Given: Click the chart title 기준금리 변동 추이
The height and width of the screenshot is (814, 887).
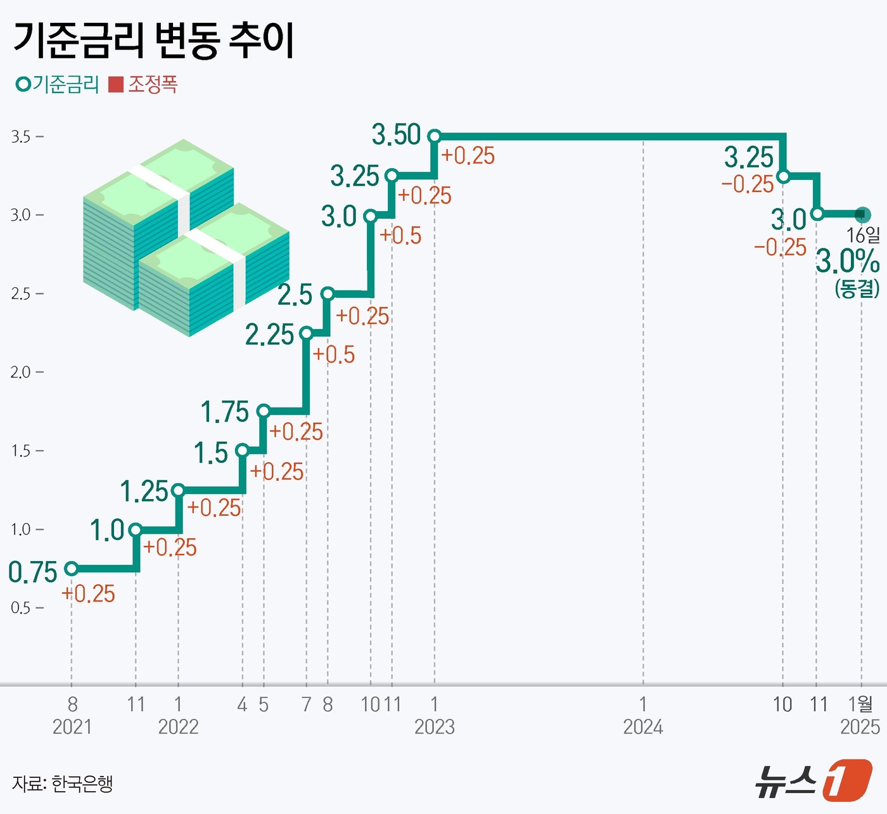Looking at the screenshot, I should click(154, 41).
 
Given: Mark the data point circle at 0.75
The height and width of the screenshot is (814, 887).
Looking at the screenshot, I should click(72, 569).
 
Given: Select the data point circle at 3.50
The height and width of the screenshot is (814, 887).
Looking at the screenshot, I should click(434, 136).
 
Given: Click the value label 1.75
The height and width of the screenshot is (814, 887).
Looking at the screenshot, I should click(224, 412).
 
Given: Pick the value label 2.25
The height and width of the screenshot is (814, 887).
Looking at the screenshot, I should click(269, 335).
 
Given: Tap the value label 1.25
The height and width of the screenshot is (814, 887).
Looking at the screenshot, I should click(144, 491).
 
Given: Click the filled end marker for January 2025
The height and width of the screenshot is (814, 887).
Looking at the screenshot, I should click(862, 214).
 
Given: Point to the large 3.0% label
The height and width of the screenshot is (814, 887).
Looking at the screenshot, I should click(847, 261).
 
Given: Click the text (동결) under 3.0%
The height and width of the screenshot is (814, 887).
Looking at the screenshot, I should click(857, 288).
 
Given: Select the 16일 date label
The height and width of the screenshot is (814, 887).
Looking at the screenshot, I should click(863, 235).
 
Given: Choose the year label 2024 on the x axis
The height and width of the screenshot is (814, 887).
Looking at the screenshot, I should click(642, 727).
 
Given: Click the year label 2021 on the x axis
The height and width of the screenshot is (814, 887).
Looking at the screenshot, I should click(72, 727).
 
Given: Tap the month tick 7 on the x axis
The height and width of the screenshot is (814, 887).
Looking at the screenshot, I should click(306, 704).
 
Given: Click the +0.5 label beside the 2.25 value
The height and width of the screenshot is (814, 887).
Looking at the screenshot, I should click(334, 355).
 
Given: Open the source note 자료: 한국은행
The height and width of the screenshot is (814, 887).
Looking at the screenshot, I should click(62, 784).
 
